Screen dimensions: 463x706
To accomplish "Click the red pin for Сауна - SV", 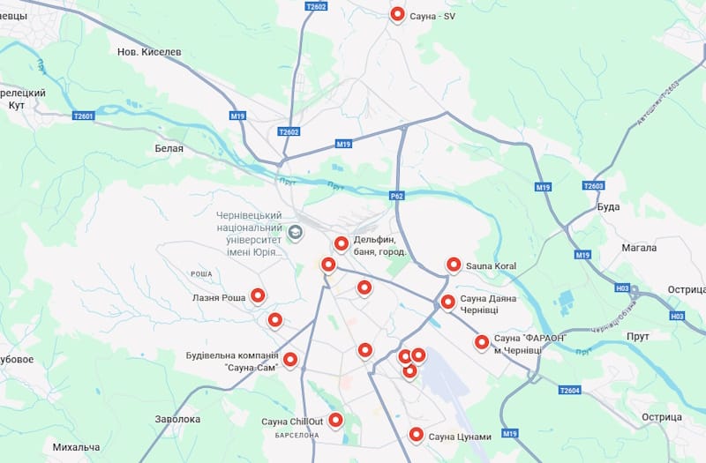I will tap(397, 14).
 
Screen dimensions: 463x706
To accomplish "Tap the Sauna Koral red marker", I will tap(454, 264).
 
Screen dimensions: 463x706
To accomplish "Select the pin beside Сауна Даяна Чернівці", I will tap(447, 302).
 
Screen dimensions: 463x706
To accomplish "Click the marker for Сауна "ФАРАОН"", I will tap(481, 341).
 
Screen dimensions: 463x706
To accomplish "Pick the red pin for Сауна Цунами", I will tap(416, 433).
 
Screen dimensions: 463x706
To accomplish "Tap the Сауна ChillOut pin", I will tap(335, 420).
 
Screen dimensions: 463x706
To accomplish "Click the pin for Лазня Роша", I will tap(258, 295).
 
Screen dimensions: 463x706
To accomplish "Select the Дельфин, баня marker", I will tap(342, 243).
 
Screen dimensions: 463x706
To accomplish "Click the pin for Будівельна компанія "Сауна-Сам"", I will tap(289, 359).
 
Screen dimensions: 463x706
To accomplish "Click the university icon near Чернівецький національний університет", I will tap(296, 231).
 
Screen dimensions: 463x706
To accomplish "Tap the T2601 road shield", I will tap(83, 115).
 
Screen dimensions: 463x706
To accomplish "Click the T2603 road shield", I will tap(594, 186).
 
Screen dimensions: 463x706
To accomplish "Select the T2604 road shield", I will tap(570, 390).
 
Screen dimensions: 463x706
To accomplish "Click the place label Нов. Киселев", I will tap(149, 52).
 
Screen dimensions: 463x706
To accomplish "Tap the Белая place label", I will tap(169, 148).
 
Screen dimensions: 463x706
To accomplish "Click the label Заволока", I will tap(177, 420).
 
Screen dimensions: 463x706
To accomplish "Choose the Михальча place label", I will tap(76, 447).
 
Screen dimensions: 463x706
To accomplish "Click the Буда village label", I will tap(608, 206).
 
